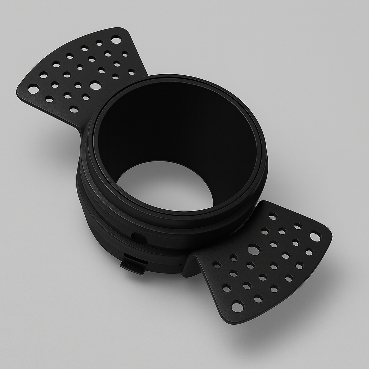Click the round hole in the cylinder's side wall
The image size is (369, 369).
139,238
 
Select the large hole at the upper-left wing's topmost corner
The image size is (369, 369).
116,40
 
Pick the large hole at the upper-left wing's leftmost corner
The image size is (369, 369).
34,89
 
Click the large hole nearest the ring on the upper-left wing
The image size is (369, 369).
95,86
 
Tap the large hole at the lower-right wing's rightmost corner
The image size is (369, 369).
315,237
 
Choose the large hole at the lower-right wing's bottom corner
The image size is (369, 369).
237,307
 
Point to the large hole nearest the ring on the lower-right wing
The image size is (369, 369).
254,249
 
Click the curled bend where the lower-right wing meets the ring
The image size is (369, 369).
193,265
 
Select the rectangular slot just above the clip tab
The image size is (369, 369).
135,259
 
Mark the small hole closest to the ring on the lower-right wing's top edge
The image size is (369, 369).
273,216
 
